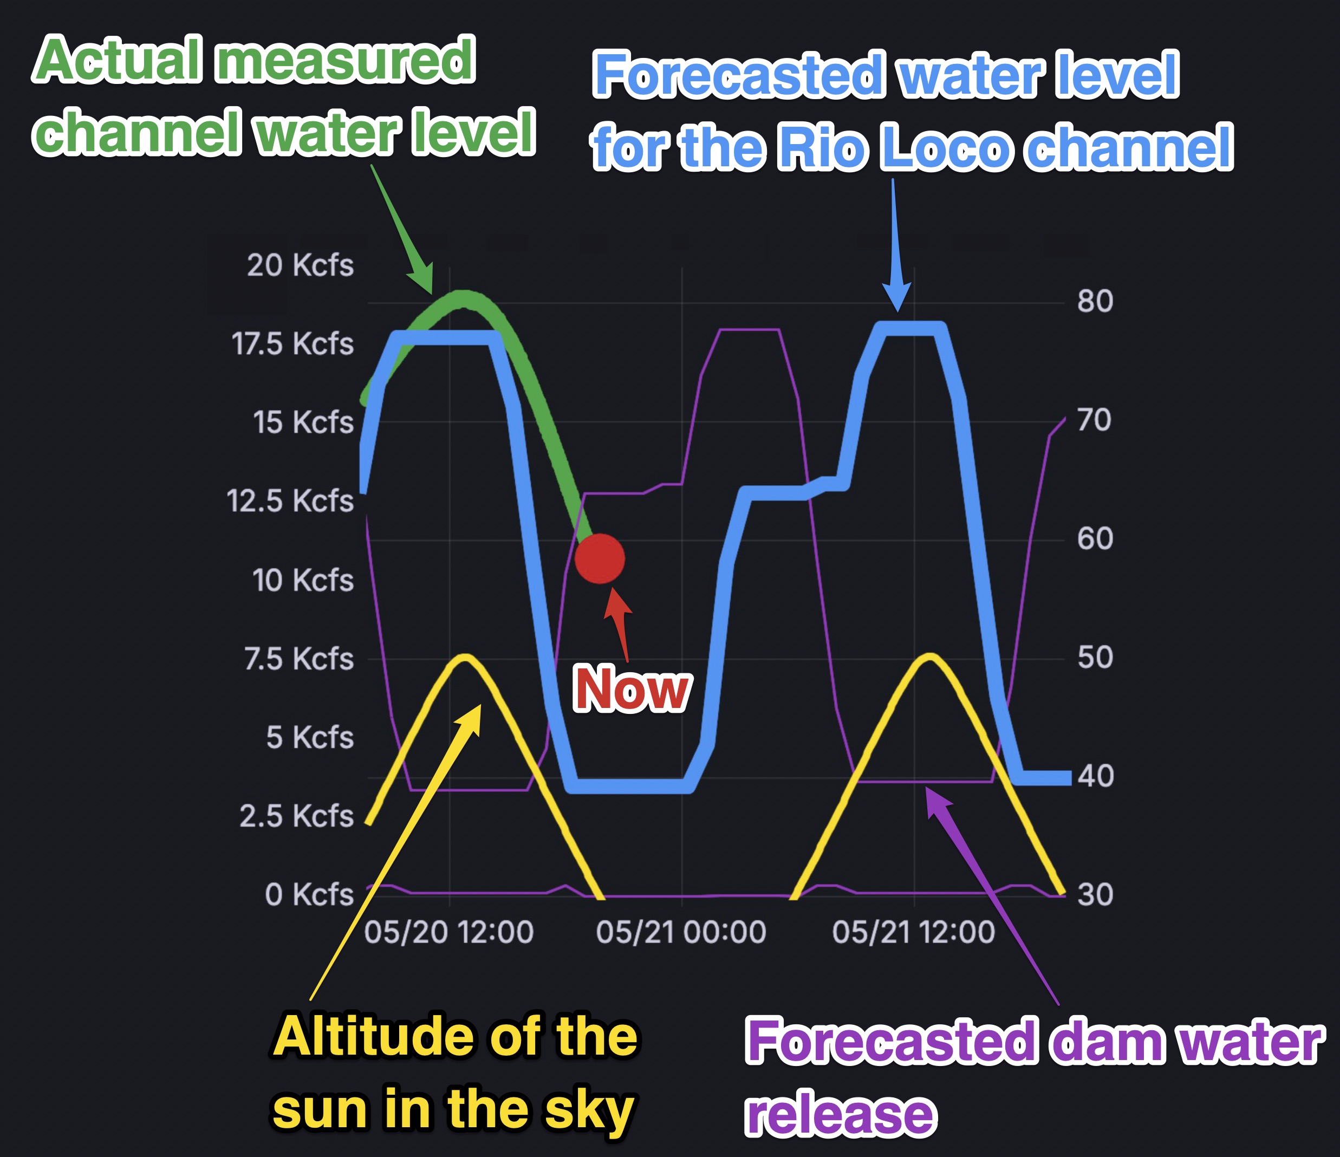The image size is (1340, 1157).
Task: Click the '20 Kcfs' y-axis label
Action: [300, 265]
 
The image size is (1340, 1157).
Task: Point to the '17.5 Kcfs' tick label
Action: [292, 343]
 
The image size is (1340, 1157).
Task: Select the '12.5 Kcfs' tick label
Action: [290, 500]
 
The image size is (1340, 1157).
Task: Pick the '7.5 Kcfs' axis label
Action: [299, 658]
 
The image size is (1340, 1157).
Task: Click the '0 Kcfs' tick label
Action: [309, 894]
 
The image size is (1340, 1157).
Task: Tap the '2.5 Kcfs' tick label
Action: [297, 816]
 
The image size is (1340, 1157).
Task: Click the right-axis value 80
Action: [1095, 301]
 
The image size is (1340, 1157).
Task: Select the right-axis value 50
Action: [1095, 657]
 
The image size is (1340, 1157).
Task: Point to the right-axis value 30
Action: [1095, 894]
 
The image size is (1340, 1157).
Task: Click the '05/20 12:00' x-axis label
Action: [449, 932]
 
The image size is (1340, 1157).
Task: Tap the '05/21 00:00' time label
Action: [681, 932]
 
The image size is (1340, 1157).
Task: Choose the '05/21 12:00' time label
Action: [913, 932]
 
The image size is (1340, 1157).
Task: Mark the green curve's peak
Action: [462, 299]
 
